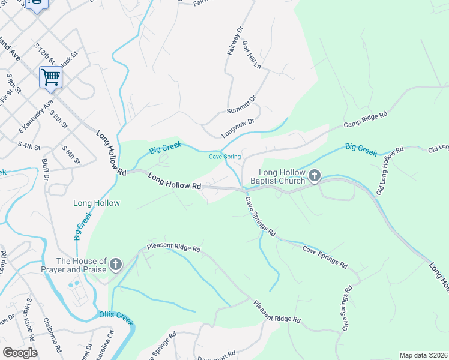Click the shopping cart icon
(50, 77)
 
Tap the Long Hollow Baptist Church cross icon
(315, 176)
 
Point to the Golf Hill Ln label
(251, 54)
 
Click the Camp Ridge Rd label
(365, 119)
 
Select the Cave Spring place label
(224, 157)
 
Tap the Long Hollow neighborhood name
(97, 203)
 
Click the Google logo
(20, 352)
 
